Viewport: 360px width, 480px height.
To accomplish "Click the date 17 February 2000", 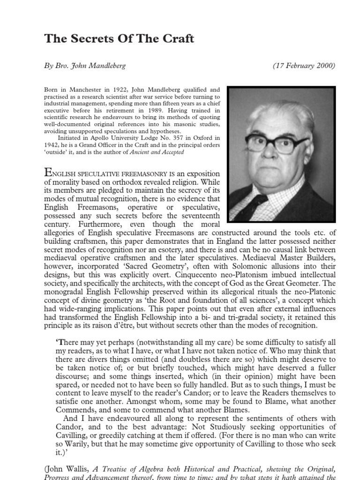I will coord(304,66).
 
